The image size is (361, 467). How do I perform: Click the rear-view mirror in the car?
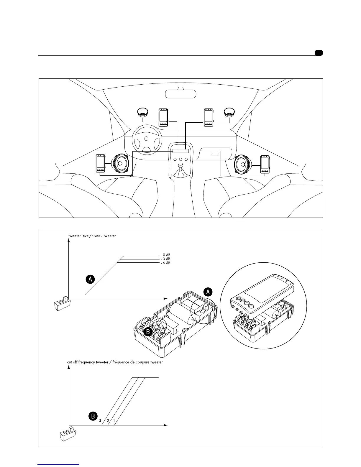[180, 93]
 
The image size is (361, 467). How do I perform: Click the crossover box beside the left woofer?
[101, 163]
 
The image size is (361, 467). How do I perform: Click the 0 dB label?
[166, 255]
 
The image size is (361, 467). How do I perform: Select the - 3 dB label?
[165, 259]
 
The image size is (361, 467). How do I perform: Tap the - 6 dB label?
[165, 263]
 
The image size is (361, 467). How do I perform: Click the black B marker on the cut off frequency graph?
[93, 416]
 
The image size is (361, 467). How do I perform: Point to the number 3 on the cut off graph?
[100, 421]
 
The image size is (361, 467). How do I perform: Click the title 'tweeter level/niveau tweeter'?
[92, 236]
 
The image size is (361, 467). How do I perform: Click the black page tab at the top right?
[319, 53]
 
